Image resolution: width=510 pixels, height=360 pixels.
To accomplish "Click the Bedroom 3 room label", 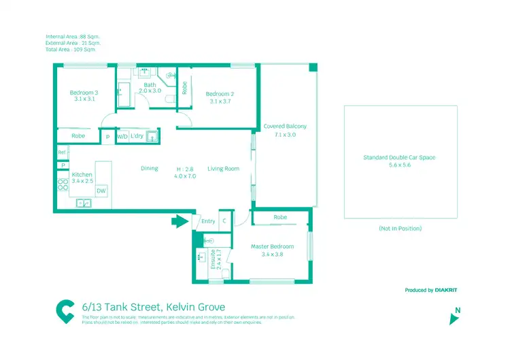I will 84,93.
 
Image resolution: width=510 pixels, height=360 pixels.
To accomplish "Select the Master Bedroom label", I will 272,246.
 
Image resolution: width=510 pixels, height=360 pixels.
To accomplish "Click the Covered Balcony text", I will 285,127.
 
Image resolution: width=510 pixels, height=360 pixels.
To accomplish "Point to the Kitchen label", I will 82,175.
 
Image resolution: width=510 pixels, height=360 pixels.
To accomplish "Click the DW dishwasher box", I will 101,191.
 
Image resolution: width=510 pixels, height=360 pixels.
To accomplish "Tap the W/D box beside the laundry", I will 122,136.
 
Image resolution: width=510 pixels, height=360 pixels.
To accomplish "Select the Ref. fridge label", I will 62,152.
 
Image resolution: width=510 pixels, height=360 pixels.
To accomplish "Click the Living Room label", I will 223,169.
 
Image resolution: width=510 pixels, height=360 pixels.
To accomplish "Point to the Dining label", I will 150,169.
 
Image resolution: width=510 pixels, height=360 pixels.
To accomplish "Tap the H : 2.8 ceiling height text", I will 185,169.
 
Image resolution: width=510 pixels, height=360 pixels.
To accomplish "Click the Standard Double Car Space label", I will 399,157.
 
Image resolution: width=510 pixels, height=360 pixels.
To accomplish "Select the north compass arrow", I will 454,318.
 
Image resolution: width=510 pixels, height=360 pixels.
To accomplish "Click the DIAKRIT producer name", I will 446,290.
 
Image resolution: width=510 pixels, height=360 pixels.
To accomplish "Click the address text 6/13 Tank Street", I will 153,307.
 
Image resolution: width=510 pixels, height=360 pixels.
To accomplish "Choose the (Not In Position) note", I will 400,228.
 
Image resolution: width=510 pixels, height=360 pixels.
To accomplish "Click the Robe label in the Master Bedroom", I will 280,218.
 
